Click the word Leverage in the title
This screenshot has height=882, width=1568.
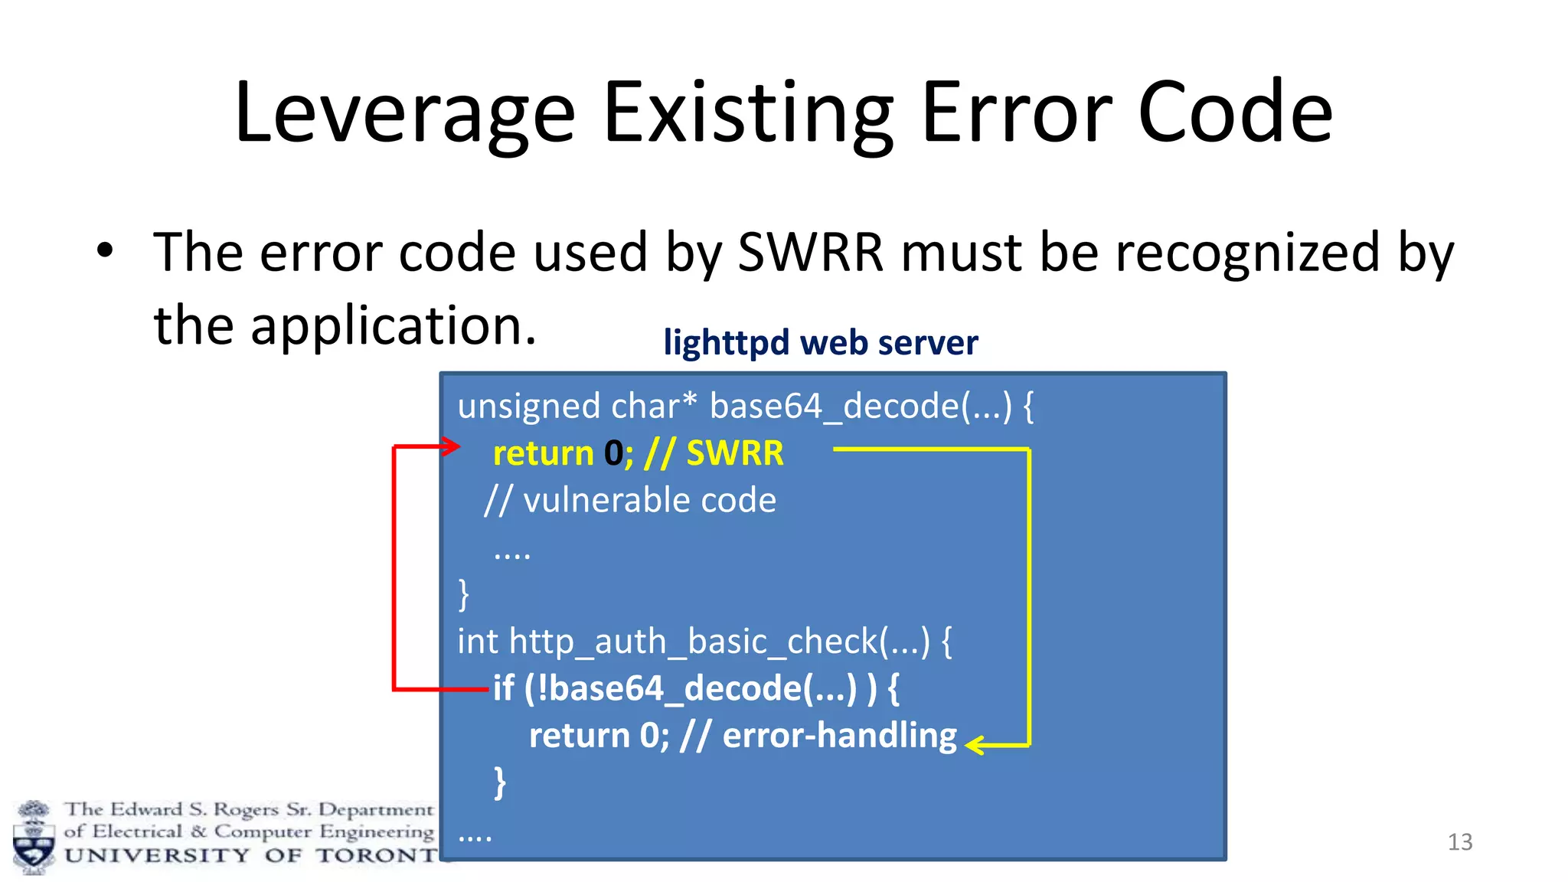(x=404, y=115)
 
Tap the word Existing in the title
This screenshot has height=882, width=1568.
(x=749, y=115)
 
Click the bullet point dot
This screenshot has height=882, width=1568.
(x=105, y=250)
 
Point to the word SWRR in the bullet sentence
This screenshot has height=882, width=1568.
(x=810, y=253)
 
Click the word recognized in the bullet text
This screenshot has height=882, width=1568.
(x=1247, y=253)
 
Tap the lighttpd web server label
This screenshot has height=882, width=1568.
(x=820, y=342)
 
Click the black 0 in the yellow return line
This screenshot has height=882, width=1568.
(x=613, y=453)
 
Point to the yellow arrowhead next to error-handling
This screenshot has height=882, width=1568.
(x=974, y=745)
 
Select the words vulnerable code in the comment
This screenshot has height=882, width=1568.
(x=649, y=501)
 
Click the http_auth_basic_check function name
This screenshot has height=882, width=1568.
(x=693, y=642)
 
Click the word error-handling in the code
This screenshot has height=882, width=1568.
(x=839, y=736)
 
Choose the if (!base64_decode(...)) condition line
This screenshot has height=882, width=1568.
(x=695, y=688)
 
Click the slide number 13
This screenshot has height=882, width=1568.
(x=1459, y=842)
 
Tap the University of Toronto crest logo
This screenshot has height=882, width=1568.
(x=33, y=838)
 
